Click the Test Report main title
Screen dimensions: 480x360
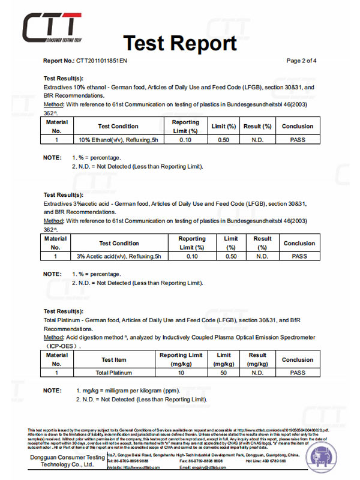click(x=180, y=43)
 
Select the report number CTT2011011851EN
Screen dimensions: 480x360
click(x=101, y=61)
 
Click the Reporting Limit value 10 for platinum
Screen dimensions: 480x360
click(x=181, y=373)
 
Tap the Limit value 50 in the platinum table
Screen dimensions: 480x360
click(x=224, y=373)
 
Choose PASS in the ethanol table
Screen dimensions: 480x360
click(x=298, y=139)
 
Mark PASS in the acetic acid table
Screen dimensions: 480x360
click(x=299, y=256)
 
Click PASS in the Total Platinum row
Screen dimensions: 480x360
click(x=298, y=373)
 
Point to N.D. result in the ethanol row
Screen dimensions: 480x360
click(x=257, y=139)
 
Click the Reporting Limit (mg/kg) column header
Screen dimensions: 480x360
click(x=181, y=360)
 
